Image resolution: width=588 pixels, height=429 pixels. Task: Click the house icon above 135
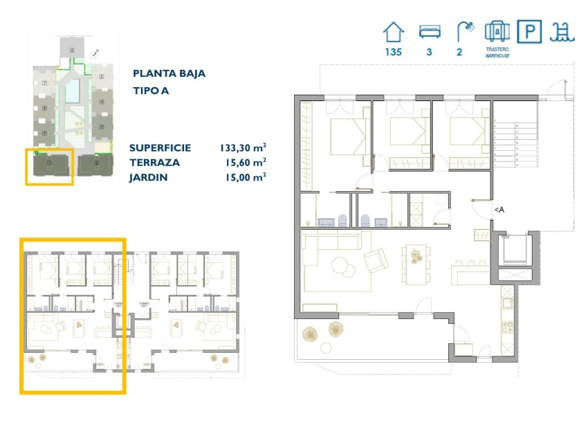tap(394, 32)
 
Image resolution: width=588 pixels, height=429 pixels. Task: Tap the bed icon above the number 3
tap(429, 32)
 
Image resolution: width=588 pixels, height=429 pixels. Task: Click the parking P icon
tap(530, 32)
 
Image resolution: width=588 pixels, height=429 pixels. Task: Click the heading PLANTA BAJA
tap(169, 73)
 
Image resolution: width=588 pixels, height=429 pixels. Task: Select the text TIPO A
tap(151, 91)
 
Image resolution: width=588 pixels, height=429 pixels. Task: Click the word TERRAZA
tap(154, 163)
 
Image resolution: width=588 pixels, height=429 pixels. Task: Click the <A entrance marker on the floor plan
tap(498, 210)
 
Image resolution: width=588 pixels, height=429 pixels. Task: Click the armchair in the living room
tap(376, 261)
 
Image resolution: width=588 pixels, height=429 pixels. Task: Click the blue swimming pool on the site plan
tap(73, 89)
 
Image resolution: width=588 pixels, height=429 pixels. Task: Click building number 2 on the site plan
tap(101, 126)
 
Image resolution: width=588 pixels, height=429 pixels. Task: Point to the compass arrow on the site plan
tap(95, 53)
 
